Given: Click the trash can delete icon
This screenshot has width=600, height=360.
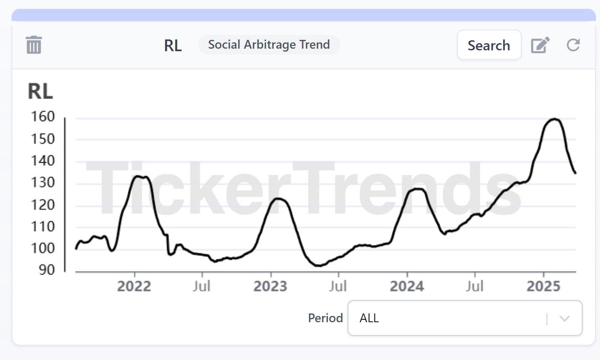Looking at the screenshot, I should click(34, 45).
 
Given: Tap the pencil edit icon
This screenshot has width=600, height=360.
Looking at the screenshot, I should click(540, 45).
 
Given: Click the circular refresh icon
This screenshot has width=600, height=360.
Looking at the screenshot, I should click(573, 45).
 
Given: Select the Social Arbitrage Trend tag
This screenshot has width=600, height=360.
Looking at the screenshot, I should click(269, 44).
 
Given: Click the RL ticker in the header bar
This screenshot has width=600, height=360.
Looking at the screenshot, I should click(173, 45).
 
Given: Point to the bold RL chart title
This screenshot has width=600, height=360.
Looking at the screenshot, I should click(40, 91).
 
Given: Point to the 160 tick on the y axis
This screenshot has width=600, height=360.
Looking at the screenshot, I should click(43, 117).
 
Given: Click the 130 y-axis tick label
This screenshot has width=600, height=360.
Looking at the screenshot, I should click(43, 183).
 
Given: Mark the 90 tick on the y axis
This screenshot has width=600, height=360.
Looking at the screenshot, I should click(47, 270).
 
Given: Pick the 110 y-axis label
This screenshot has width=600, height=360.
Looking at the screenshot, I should click(43, 227).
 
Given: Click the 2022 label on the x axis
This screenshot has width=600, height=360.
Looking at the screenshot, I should click(134, 286).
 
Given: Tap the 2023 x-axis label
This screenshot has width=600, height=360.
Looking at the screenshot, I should click(270, 286).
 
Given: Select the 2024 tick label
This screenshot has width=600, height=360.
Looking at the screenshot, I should click(407, 286).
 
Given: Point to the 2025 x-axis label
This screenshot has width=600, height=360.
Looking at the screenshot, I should click(543, 286).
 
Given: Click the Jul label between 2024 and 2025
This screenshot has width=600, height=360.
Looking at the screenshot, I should click(475, 286).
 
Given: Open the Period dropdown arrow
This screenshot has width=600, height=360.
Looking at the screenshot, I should click(564, 318).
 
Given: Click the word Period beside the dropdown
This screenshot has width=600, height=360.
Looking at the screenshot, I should click(325, 318).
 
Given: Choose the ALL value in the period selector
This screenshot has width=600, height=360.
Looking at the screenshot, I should click(369, 318).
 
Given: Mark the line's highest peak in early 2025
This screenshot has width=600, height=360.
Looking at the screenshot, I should click(554, 119).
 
